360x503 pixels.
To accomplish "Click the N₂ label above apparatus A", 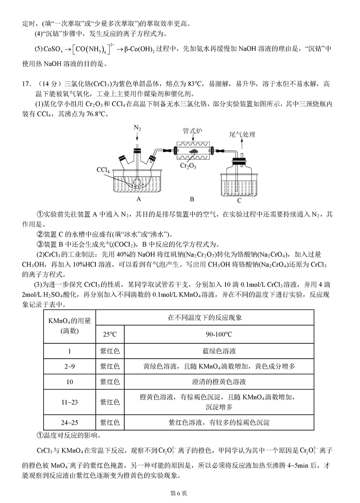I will [137, 129].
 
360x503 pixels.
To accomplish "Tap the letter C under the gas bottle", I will [239, 201].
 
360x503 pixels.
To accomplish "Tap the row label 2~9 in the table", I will [69, 366].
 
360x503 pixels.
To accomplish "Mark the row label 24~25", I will [69, 422].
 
